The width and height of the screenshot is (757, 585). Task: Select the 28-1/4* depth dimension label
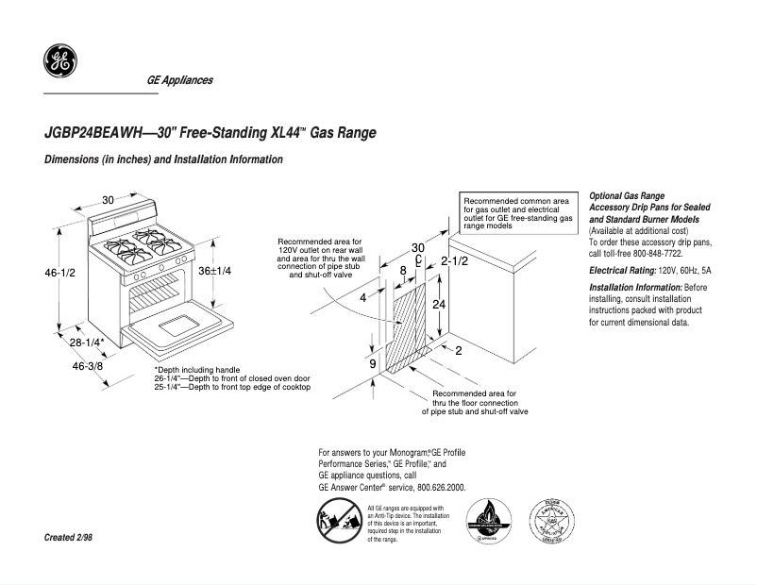click(x=87, y=342)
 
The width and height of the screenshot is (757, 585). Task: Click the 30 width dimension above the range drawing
click(x=109, y=200)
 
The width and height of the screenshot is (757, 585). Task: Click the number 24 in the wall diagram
click(x=439, y=305)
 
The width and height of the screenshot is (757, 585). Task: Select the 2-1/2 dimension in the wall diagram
click(x=454, y=260)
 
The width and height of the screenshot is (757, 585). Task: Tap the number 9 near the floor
click(x=373, y=363)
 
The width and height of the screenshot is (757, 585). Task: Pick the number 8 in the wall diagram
click(x=403, y=270)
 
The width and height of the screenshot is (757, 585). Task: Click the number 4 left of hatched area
click(x=362, y=297)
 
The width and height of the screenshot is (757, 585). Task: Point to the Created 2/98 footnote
click(x=68, y=537)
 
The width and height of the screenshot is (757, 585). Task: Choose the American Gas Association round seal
click(x=549, y=522)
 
